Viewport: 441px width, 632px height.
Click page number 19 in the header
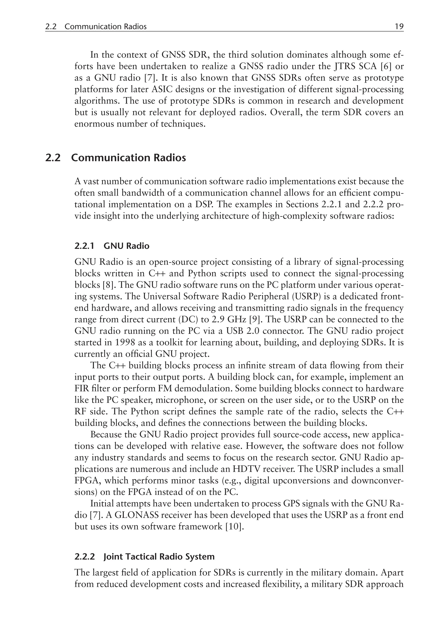(399, 26)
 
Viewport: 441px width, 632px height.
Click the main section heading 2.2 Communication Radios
(116, 158)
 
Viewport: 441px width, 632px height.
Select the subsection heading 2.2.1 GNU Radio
(112, 246)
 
